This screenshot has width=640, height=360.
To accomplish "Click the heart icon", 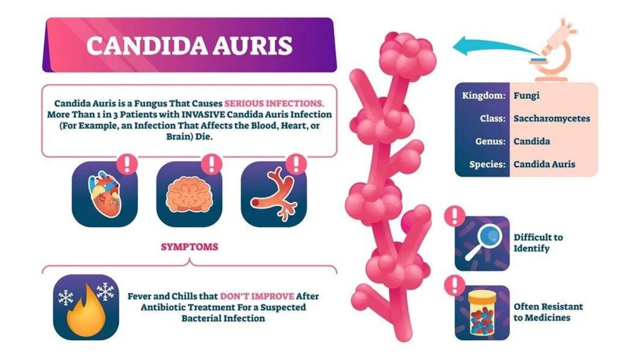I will [105, 194].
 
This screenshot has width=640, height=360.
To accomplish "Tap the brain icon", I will [189, 194].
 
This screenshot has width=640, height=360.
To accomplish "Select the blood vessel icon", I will [274, 194].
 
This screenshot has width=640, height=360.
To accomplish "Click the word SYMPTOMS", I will [189, 246].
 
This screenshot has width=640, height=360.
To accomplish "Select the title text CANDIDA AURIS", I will [189, 45].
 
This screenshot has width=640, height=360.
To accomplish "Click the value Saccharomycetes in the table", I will [551, 118].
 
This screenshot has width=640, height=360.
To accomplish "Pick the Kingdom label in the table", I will [483, 95].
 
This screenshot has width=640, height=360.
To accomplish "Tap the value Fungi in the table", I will [526, 95].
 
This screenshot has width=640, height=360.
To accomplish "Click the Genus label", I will [490, 141].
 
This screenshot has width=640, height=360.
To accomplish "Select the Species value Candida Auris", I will [544, 164].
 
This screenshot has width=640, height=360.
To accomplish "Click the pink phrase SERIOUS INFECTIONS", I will [274, 103].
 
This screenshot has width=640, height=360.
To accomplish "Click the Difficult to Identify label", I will [538, 242].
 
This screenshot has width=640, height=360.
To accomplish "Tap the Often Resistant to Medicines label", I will [548, 311].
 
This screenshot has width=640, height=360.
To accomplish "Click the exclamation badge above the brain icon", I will [212, 163].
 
